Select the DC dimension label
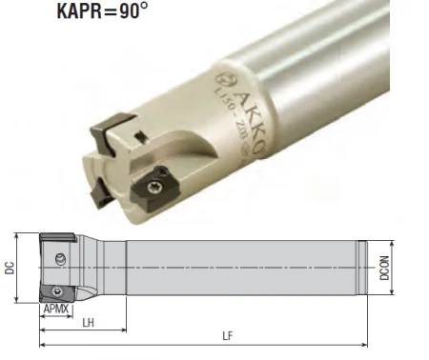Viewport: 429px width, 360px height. pyautogui.click(x=10, y=269)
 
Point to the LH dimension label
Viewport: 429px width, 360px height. pyautogui.click(x=88, y=323)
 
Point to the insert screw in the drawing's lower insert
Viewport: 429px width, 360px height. pyautogui.click(x=57, y=290)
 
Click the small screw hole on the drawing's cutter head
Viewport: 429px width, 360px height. pyautogui.click(x=62, y=256)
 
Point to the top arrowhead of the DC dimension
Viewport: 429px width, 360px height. pyautogui.click(x=18, y=235)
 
